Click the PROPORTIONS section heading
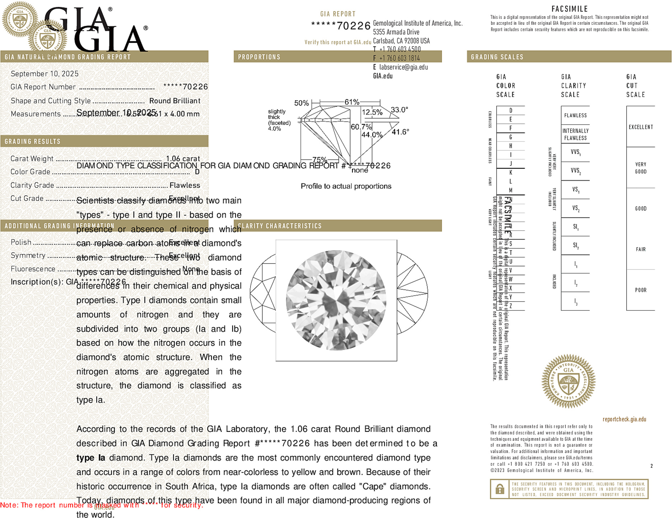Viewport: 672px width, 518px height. tap(259, 57)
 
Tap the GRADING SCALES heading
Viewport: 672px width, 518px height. tap(497, 57)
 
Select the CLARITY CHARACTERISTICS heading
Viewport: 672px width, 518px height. tap(280, 226)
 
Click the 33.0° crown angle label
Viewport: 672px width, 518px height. tap(399, 109)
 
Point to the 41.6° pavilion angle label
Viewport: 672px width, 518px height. tap(400, 132)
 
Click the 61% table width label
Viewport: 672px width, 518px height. tap(352, 102)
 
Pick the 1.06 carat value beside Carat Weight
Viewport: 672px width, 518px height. tap(183, 159)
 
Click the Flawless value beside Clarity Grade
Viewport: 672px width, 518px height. tap(185, 185)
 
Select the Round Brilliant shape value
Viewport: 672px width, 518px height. tap(175, 101)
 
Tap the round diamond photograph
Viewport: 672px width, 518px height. tap(336, 300)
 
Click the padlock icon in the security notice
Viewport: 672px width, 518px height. tap(499, 489)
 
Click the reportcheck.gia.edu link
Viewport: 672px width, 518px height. tap(624, 419)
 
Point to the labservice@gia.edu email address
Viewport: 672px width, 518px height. tap(403, 67)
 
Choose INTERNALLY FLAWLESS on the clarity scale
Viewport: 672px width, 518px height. tap(575, 134)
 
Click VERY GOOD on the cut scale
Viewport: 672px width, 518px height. tap(641, 168)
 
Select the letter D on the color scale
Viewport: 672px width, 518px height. tap(511, 111)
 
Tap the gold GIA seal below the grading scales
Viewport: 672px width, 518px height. tap(568, 381)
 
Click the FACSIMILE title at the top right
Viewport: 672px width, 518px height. tap(569, 9)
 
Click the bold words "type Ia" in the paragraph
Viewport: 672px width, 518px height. tap(91, 458)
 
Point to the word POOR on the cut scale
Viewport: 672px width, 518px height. tap(641, 290)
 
